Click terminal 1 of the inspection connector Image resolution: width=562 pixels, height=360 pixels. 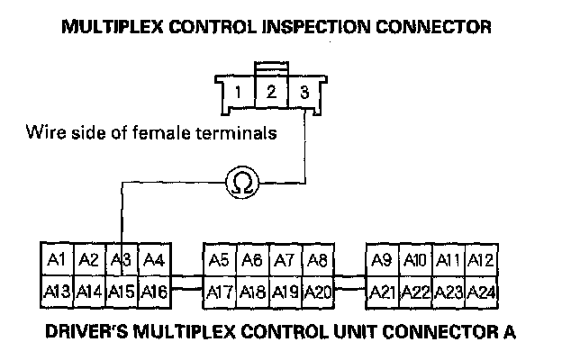236,93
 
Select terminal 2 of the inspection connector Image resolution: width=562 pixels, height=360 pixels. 269,92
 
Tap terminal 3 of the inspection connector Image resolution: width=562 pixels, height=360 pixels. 304,93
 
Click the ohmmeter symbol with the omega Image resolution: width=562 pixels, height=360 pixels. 241,183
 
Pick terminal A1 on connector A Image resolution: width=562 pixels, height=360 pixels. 57,260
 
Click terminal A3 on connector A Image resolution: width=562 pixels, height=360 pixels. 122,260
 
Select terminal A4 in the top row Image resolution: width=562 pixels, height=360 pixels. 154,260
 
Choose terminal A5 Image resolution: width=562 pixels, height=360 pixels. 218,260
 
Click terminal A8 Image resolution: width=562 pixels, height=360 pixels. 316,260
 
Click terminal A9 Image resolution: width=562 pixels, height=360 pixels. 381,260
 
